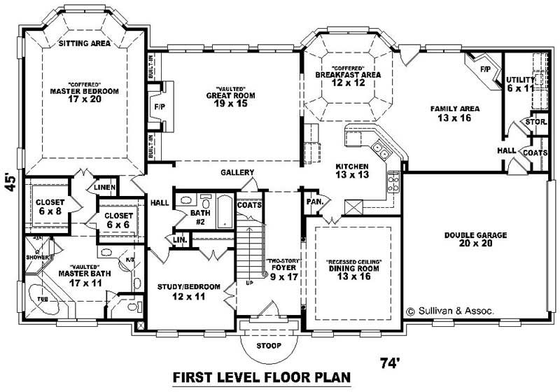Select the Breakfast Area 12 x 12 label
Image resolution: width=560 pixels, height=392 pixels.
[347, 74]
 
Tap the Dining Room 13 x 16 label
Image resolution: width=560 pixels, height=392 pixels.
[353, 272]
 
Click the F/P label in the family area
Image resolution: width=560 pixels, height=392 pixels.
[484, 70]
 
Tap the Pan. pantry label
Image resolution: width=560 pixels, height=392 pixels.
[314, 202]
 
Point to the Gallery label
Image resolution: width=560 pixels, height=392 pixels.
[237, 172]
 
